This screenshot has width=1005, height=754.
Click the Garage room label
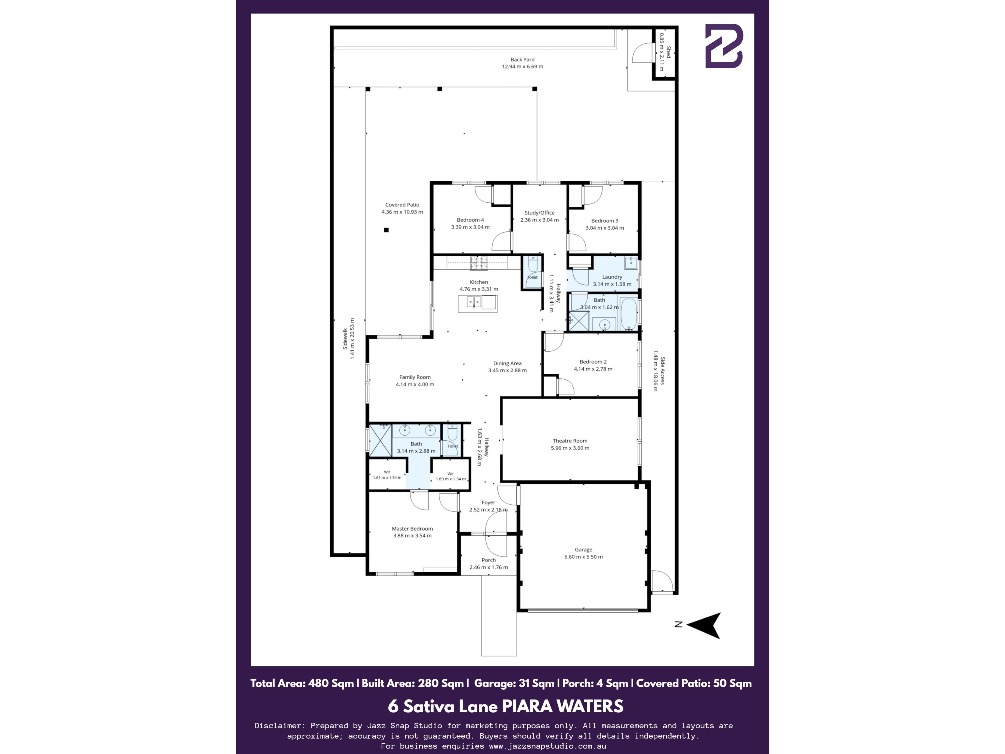(x=583, y=550)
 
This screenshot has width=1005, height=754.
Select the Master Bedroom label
(x=412, y=529)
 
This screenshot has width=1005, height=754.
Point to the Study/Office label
(x=539, y=213)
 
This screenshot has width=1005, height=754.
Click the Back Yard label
(x=522, y=59)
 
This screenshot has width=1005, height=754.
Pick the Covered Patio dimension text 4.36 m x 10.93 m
(x=402, y=212)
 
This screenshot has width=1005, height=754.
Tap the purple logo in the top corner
(x=724, y=46)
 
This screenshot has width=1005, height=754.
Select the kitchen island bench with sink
(x=478, y=304)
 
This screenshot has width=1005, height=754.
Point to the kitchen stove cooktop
(x=479, y=262)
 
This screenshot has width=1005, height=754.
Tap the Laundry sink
(x=631, y=263)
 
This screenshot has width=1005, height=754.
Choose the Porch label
(x=488, y=560)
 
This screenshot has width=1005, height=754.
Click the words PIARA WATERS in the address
(x=562, y=706)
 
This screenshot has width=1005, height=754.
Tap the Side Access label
(x=662, y=371)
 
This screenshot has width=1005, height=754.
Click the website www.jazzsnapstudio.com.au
(x=548, y=746)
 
